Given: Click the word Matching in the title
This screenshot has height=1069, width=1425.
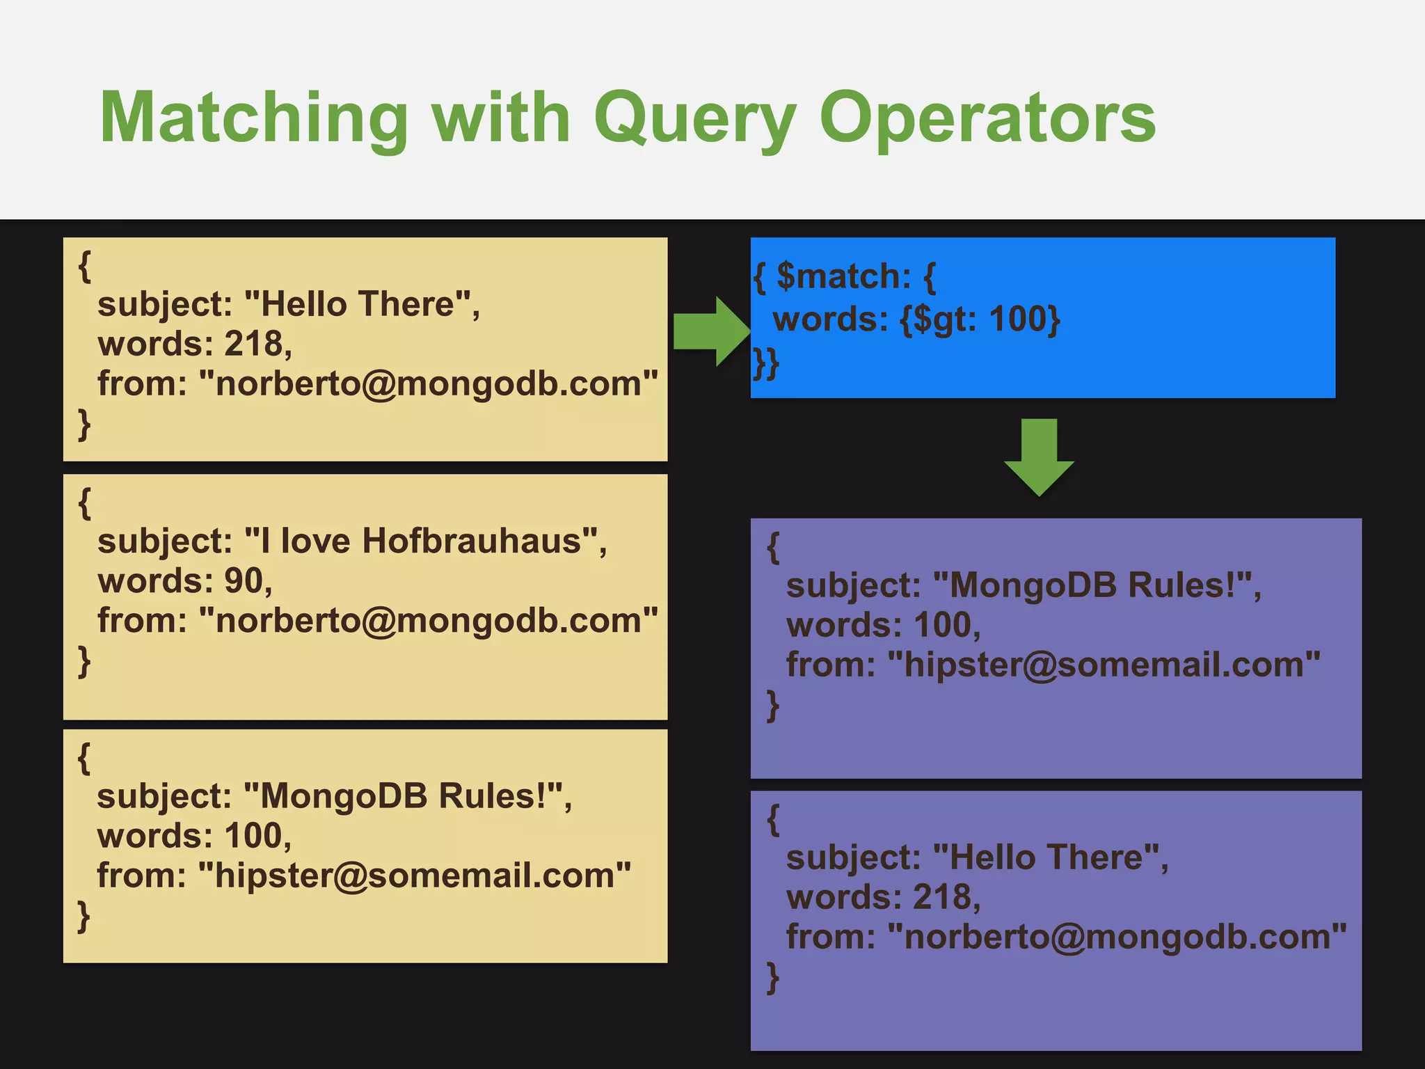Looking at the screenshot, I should click(x=254, y=118).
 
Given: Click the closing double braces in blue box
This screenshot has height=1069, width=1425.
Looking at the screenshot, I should click(x=766, y=363).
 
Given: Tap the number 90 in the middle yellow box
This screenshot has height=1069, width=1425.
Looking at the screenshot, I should click(x=244, y=580).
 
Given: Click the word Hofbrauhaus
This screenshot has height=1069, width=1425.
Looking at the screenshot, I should click(x=471, y=541).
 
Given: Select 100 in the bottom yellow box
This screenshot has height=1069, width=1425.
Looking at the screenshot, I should click(x=253, y=835).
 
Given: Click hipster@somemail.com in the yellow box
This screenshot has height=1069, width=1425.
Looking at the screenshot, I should click(x=415, y=876).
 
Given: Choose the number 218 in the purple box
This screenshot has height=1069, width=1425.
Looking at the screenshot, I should click(x=942, y=897).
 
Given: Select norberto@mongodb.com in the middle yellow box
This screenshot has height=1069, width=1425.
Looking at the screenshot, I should click(x=428, y=620).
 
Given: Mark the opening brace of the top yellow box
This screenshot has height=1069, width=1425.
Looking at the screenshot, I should click(x=85, y=266).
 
